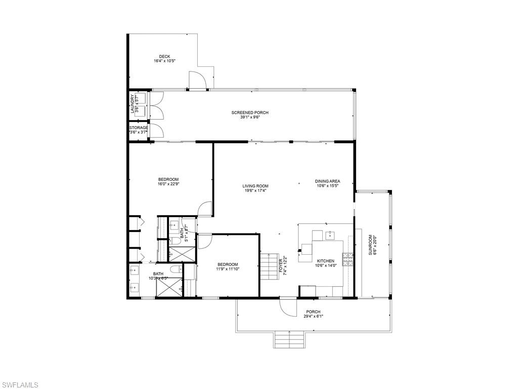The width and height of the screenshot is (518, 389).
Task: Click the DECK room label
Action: coord(164,56)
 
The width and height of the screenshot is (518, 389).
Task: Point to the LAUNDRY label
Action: coord(133,104)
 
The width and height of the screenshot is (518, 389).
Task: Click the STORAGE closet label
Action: coord(138,128)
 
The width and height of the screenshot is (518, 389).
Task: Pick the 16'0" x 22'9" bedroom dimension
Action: coord(168,184)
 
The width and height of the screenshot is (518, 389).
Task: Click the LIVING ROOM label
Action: coord(255,186)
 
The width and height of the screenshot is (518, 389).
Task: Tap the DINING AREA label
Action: coord(327,181)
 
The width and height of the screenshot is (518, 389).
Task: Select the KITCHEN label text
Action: coord(326,261)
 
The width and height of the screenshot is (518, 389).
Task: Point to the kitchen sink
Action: coord(331,235)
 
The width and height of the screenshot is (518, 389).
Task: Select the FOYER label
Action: coord(281,265)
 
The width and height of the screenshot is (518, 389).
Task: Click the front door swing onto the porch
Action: coord(287,307)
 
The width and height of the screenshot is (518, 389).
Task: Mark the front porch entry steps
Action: coord(289,340)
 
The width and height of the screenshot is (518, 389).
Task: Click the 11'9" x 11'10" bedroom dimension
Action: coord(228,269)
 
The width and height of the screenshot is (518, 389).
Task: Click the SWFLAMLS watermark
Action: coord(19,384)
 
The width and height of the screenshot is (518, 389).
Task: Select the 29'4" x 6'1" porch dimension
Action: coord(313,317)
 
